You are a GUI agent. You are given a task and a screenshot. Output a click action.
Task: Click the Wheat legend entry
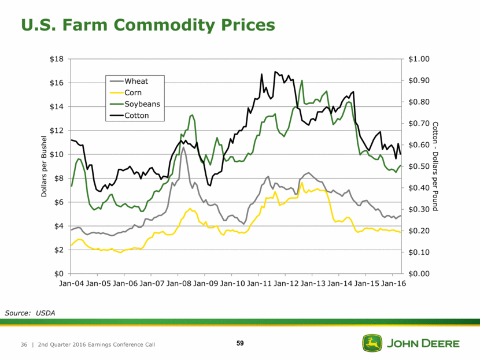click(136, 81)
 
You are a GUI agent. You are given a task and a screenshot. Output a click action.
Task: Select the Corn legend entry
click(133, 92)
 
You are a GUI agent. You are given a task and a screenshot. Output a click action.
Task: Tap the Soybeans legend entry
click(142, 104)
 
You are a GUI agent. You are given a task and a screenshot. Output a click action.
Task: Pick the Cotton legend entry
click(136, 116)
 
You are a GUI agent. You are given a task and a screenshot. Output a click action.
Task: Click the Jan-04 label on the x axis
click(72, 284)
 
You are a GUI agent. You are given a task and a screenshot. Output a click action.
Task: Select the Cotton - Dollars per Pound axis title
click(435, 166)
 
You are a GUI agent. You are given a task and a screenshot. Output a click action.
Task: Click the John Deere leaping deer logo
click(370, 343)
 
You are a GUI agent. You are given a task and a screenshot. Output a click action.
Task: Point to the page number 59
click(240, 344)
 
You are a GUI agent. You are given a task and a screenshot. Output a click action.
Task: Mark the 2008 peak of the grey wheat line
click(183, 147)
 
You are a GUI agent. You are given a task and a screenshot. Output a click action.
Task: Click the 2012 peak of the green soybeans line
click(302, 81)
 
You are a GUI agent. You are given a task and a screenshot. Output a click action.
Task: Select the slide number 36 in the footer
click(24, 344)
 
